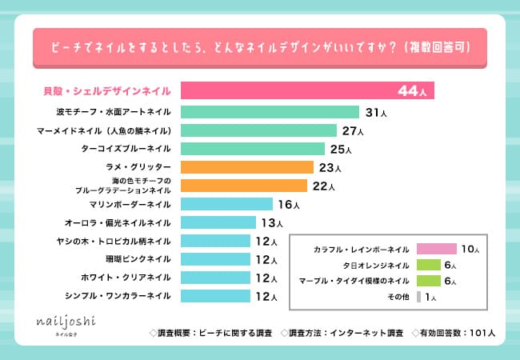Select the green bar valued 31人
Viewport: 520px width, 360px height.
(x=270, y=112)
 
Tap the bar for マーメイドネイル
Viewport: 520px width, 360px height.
(x=258, y=130)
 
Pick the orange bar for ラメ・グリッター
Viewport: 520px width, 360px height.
(x=246, y=167)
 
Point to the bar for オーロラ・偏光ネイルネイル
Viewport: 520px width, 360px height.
(x=218, y=222)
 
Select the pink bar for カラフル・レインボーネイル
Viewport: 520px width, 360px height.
(x=436, y=250)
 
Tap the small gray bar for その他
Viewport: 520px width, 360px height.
(x=419, y=297)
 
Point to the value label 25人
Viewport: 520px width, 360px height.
(x=339, y=150)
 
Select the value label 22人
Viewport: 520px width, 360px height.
(x=322, y=186)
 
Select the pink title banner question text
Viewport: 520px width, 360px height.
(x=259, y=46)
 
